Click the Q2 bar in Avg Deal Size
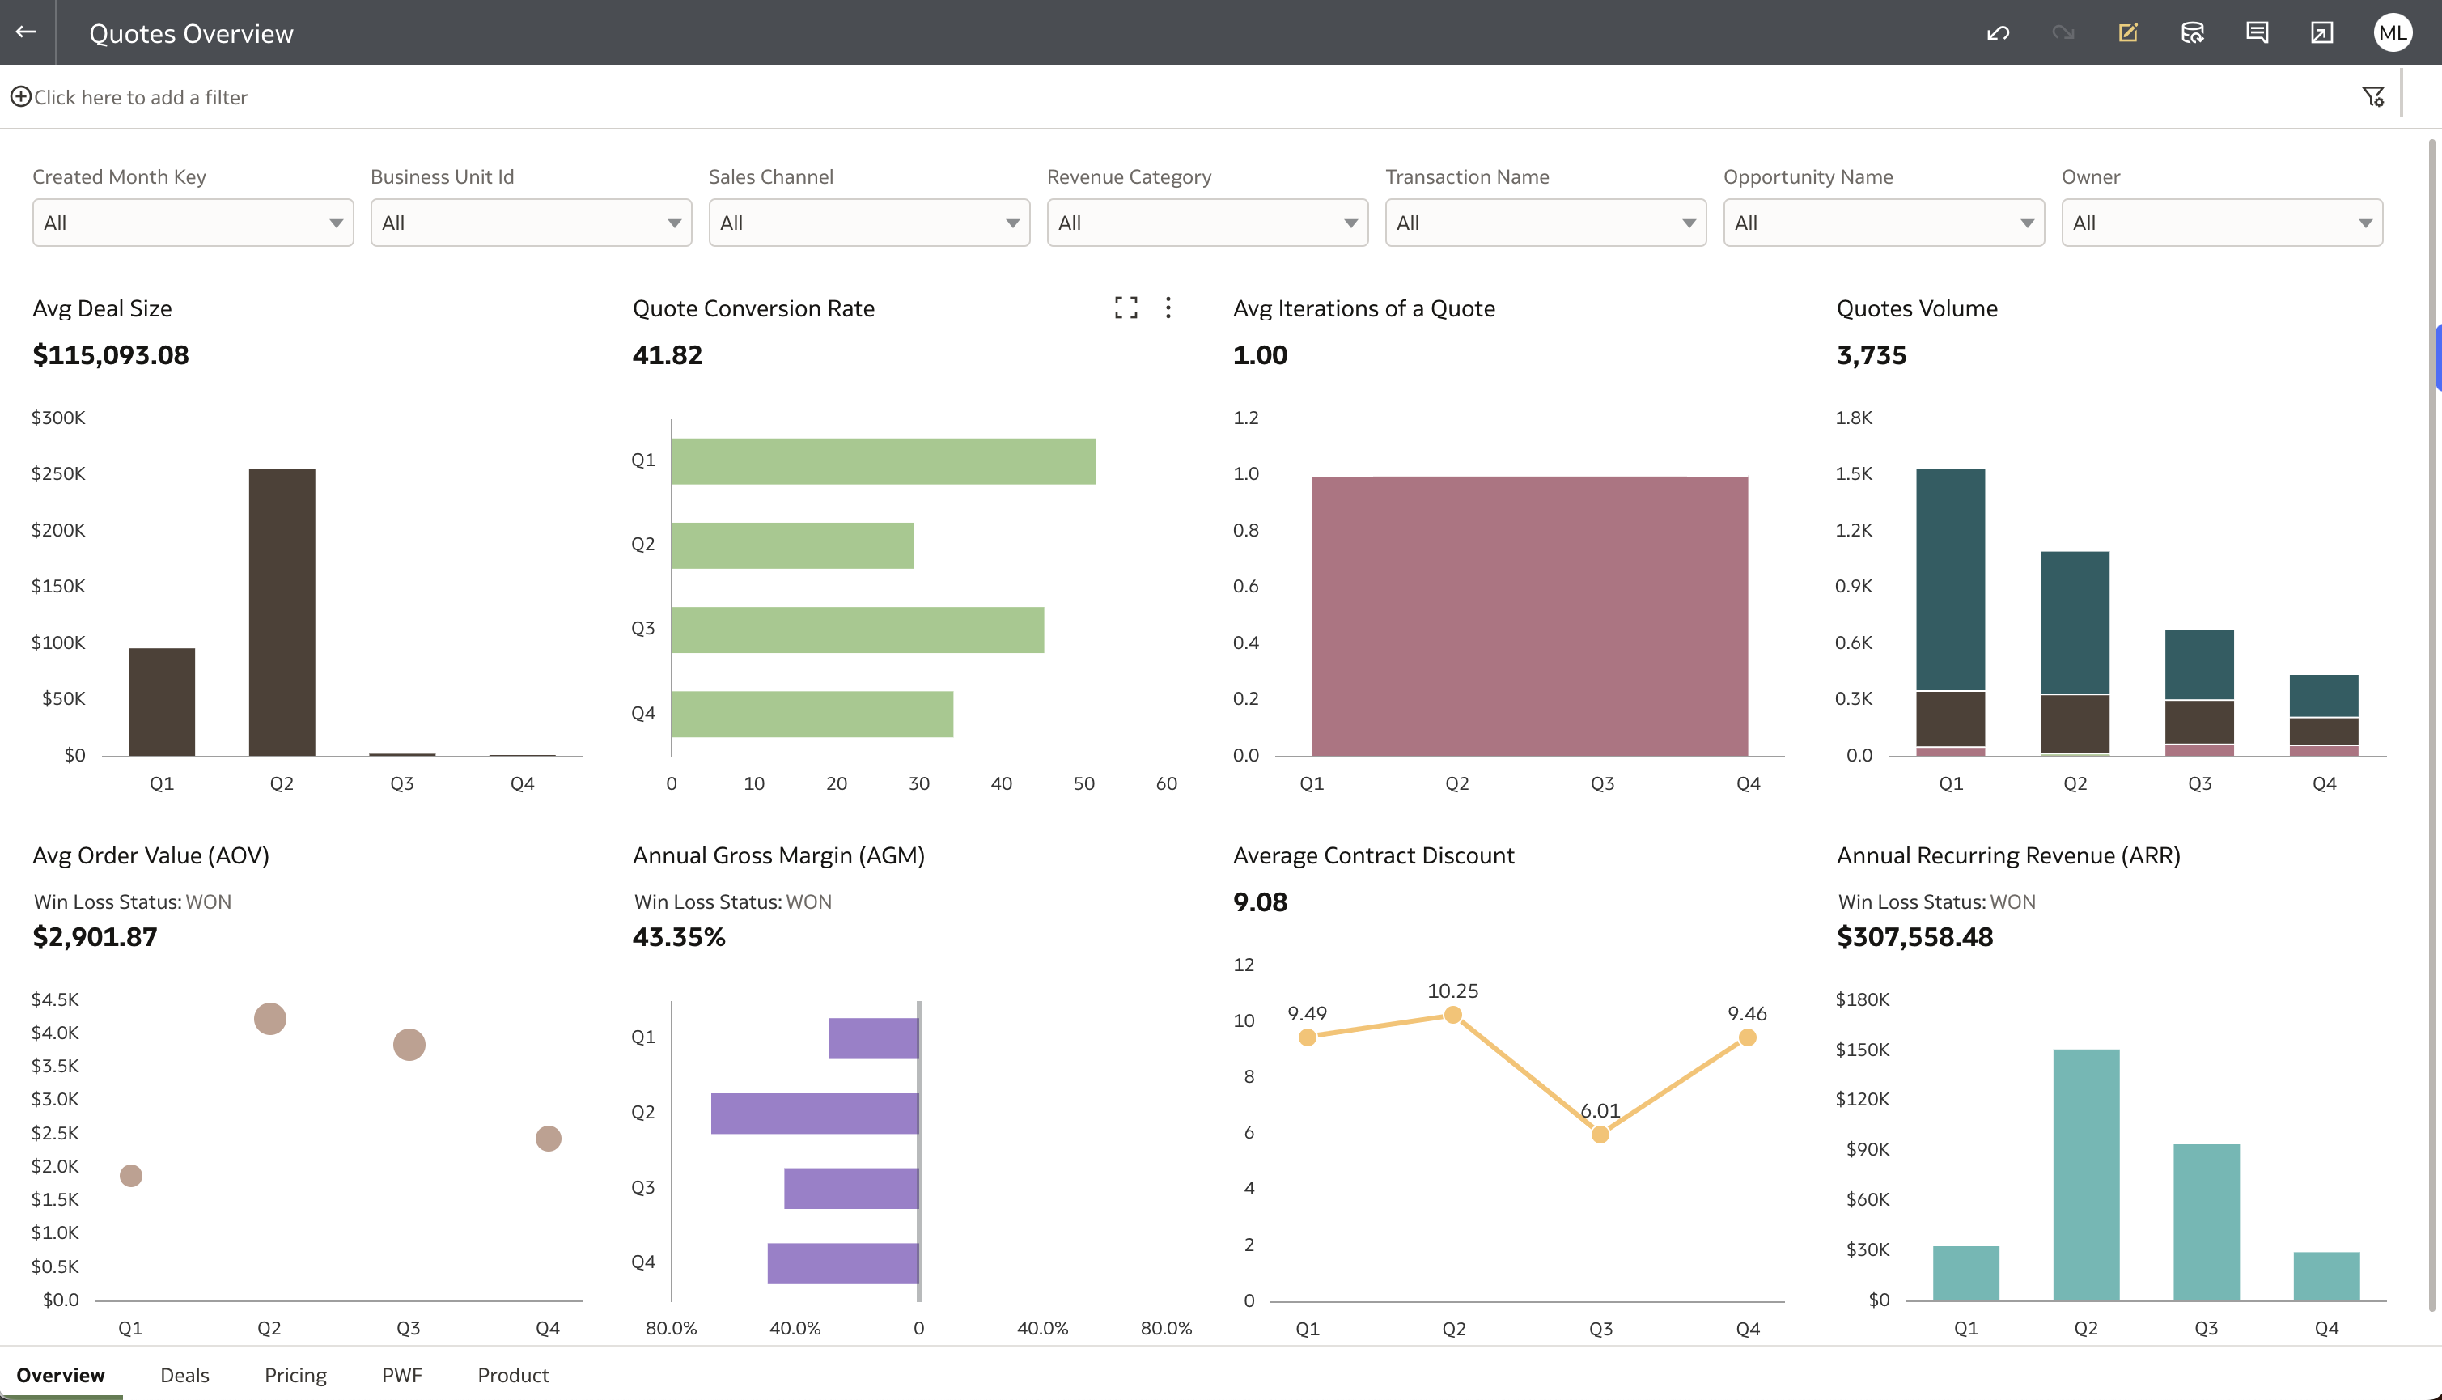point(282,612)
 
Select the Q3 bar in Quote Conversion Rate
point(857,630)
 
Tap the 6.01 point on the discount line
point(1600,1135)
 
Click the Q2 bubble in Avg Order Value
point(270,1018)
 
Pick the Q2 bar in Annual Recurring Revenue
point(2085,1174)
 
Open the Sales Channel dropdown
point(868,223)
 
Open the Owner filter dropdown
point(2221,223)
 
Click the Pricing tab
point(295,1375)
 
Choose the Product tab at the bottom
point(512,1375)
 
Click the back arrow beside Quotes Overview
point(27,32)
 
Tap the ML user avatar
point(2391,32)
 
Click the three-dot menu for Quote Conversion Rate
point(1168,308)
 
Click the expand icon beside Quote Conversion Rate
point(1126,308)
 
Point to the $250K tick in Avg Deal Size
point(58,474)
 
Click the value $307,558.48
point(1914,936)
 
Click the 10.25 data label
point(1452,991)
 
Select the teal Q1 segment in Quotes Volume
point(1950,579)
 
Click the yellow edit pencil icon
point(2127,32)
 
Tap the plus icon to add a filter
point(20,97)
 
